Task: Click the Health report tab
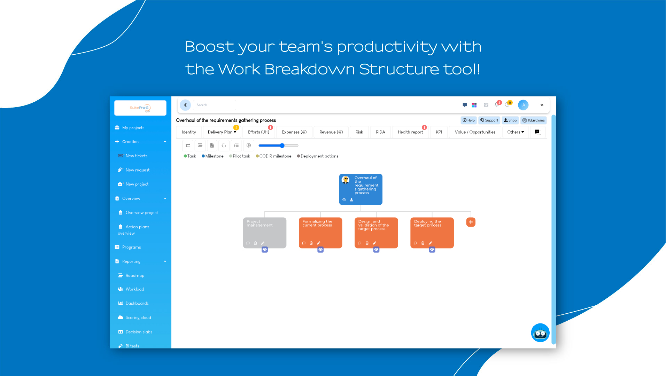[x=410, y=132]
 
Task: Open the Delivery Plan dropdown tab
[x=222, y=132]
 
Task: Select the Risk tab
[x=359, y=132]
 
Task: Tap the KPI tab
[x=439, y=132]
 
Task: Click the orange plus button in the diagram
[x=471, y=222]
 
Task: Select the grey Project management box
[x=265, y=233]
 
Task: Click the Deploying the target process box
[x=432, y=233]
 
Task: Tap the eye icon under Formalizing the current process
[x=320, y=250]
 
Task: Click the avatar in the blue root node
[x=346, y=180]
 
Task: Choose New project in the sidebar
[x=137, y=184]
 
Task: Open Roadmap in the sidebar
[x=135, y=275]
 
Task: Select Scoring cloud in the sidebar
[x=138, y=318]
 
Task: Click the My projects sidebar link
[x=133, y=128]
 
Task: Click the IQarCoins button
[x=533, y=120]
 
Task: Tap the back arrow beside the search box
[x=185, y=105]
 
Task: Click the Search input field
[x=215, y=105]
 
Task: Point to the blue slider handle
[x=282, y=146]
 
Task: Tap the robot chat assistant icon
[x=540, y=333]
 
